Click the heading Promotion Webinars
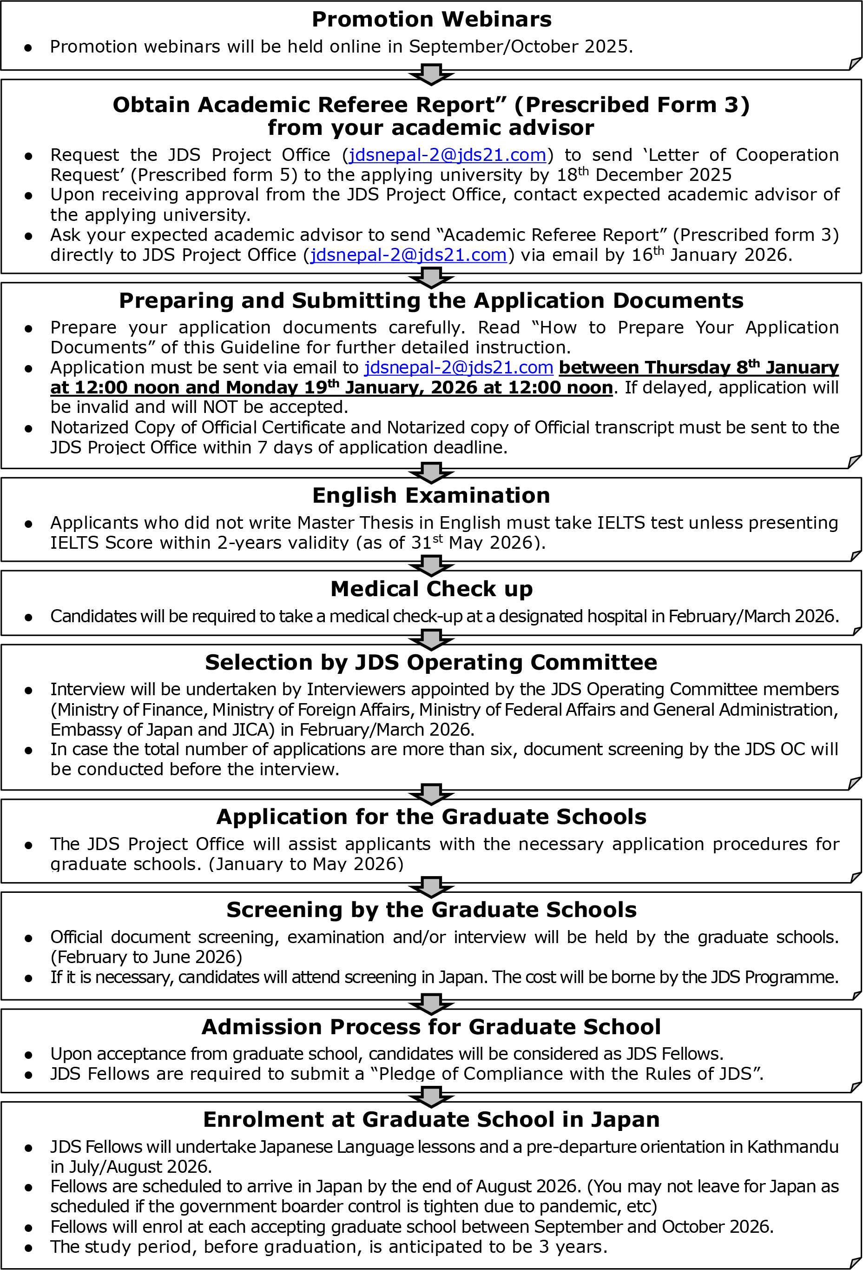[431, 20]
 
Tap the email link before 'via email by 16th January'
[408, 255]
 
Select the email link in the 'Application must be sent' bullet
[459, 368]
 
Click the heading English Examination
[431, 496]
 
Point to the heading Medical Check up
[431, 589]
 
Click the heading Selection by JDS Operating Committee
[431, 662]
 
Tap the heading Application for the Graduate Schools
[431, 817]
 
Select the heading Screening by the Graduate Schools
[431, 910]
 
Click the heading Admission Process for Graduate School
[431, 1027]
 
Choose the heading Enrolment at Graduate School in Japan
[431, 1120]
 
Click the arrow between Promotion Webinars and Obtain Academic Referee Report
[431, 75]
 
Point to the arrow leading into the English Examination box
[431, 472]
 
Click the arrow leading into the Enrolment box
[431, 1097]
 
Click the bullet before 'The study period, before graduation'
[28, 1248]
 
